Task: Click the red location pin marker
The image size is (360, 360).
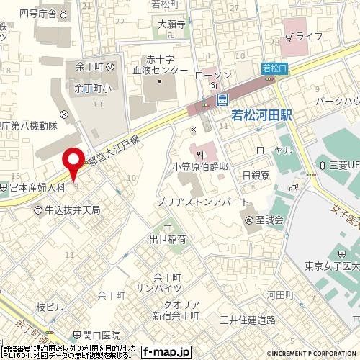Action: tap(72, 162)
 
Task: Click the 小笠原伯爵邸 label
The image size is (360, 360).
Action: tap(205, 166)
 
